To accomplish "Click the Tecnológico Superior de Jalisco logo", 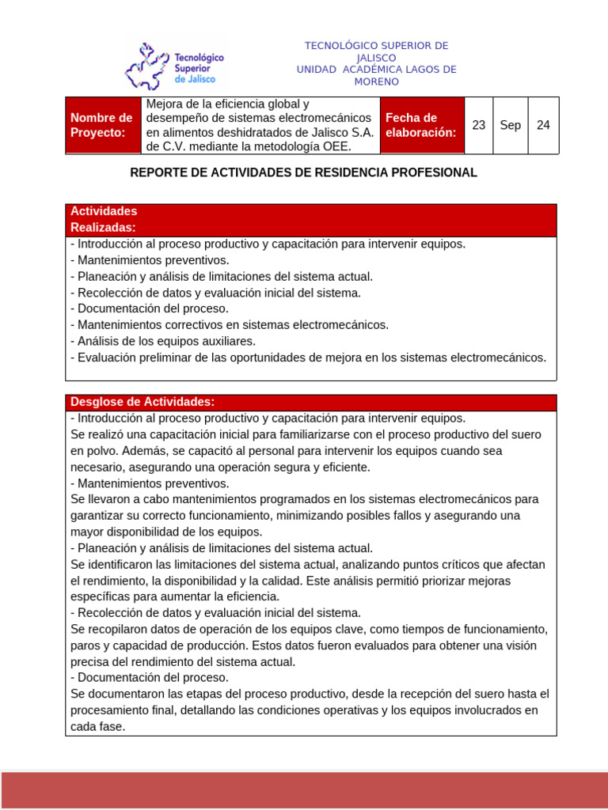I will coord(175,67).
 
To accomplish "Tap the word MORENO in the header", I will coord(376,81).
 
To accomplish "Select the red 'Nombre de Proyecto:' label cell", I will coord(103,125).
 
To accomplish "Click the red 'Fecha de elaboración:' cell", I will coord(421,125).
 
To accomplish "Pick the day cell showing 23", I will coord(478,125).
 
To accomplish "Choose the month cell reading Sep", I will coord(511,125).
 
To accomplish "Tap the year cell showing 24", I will coord(543,125).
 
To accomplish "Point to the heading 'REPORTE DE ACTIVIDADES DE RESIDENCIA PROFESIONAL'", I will coord(304,172).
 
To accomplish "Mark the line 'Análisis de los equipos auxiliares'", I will coord(164,341).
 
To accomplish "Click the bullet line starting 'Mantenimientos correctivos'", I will coord(230,325).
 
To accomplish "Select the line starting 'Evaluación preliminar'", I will coord(309,358).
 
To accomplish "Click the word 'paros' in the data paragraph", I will coord(85,645).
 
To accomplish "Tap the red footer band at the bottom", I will coord(304,789).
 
